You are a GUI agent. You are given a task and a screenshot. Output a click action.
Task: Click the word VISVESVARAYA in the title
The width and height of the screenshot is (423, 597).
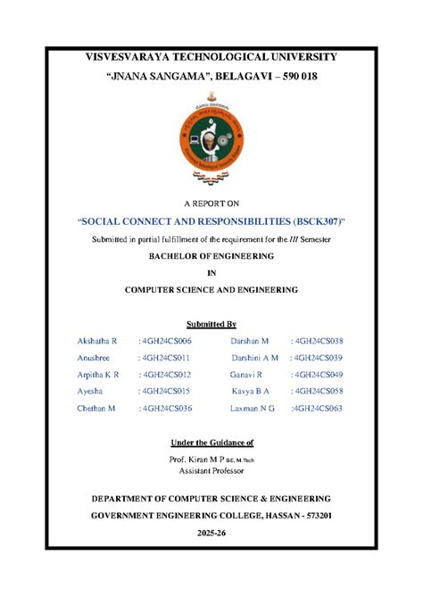[120, 56]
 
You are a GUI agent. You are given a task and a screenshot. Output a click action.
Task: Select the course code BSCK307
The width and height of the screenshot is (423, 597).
[316, 220]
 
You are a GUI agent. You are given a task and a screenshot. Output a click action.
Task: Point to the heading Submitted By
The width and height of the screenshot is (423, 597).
[211, 323]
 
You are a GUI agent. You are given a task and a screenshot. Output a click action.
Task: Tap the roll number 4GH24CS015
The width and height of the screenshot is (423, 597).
[166, 392]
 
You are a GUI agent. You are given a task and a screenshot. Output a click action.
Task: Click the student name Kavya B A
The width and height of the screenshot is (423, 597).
[251, 392]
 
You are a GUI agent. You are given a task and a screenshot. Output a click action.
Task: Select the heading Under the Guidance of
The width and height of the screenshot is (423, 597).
[211, 443]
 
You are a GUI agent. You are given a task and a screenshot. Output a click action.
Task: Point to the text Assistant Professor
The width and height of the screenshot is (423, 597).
[211, 470]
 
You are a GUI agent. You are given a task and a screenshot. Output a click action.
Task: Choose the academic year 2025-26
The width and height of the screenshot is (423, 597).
[211, 533]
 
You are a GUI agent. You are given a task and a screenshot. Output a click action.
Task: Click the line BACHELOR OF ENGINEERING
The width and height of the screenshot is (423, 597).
[211, 256]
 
